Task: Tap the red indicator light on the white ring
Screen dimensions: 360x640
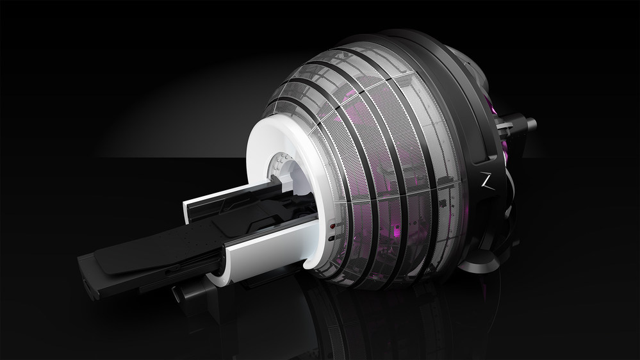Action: pyautogui.click(x=332, y=226)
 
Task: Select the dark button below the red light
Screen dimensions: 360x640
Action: pyautogui.click(x=331, y=239)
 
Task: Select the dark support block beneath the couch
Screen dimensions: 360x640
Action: pyautogui.click(x=186, y=291)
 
